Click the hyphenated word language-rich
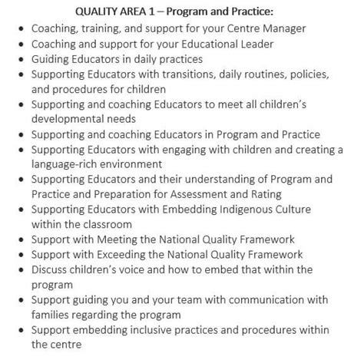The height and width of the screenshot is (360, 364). [65, 163]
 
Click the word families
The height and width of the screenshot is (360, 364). [52, 314]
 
